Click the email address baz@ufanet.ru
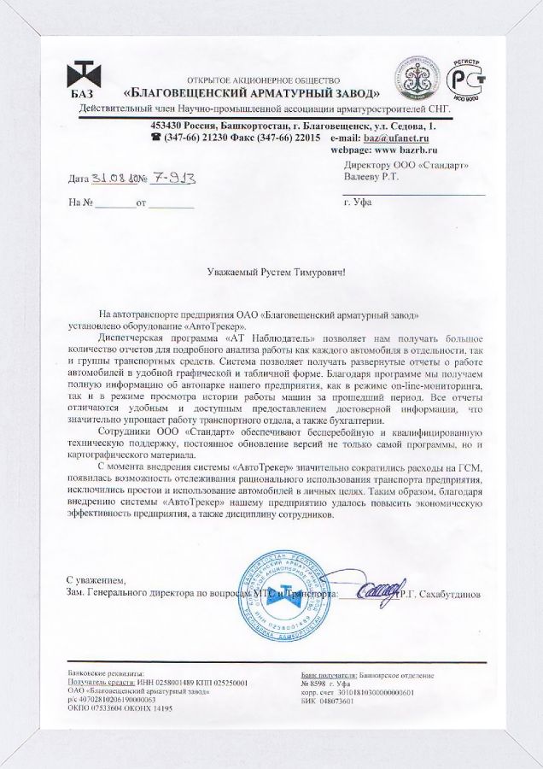tap(396, 137)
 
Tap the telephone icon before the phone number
tap(156, 137)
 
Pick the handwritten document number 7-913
tap(175, 179)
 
